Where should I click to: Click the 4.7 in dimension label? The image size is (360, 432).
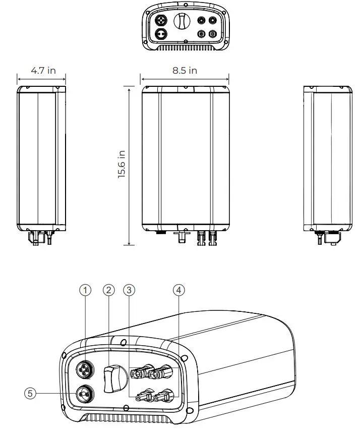click(43, 71)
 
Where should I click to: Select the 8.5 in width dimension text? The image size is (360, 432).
click(185, 71)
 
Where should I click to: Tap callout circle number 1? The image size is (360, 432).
click(86, 290)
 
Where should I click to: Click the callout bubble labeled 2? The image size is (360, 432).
click(108, 290)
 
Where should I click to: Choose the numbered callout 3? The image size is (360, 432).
click(130, 290)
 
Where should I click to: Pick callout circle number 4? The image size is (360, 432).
click(178, 290)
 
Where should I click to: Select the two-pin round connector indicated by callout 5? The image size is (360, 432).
click(83, 392)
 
